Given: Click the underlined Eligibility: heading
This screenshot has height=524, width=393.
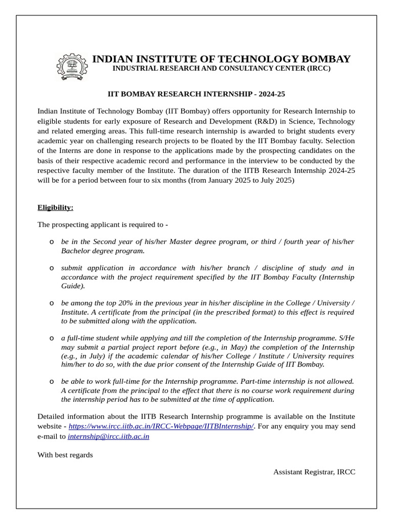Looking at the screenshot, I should point(55,207).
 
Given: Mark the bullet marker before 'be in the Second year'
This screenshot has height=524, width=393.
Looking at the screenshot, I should point(52,242).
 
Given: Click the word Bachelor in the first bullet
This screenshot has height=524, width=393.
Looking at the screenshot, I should point(76,251).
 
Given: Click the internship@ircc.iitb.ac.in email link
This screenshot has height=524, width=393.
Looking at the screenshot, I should point(108,436).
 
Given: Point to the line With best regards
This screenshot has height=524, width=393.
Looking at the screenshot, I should point(65,454).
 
